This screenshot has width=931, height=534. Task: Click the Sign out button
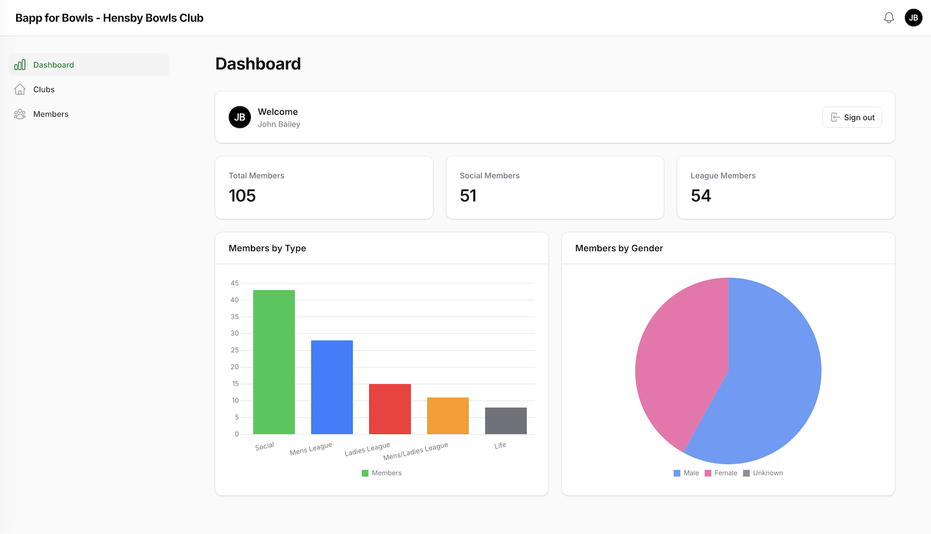(x=852, y=117)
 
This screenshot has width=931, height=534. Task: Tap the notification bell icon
(x=889, y=18)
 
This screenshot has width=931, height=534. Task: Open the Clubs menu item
(x=44, y=89)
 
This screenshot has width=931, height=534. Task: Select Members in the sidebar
(x=50, y=114)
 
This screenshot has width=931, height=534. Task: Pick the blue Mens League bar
(x=332, y=387)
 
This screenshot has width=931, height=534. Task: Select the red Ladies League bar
(x=389, y=409)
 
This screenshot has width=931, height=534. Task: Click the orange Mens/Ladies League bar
(x=448, y=416)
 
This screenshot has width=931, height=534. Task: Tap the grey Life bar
(x=506, y=421)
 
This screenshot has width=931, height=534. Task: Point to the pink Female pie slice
(x=679, y=358)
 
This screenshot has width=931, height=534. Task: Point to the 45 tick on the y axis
(x=235, y=283)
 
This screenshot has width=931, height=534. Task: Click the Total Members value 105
(x=242, y=196)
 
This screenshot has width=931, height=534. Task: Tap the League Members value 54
(x=701, y=196)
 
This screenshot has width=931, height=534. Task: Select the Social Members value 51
(x=468, y=196)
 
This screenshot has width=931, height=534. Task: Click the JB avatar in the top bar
(x=913, y=18)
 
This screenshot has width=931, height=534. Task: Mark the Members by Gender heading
(x=619, y=248)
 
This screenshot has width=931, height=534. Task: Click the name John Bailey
(x=279, y=124)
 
